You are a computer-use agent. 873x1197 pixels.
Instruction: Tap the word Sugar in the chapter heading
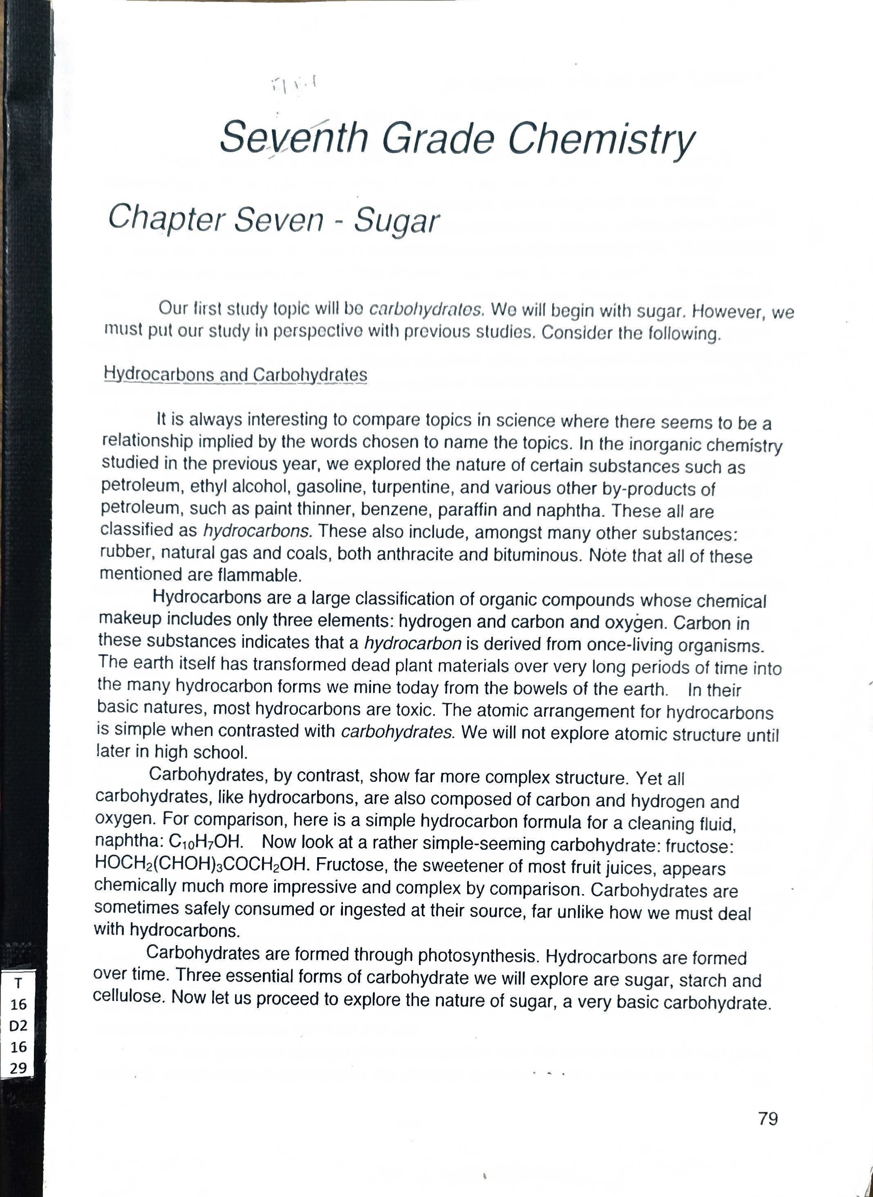pos(396,220)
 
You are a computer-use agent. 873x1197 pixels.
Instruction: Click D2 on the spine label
pos(18,1026)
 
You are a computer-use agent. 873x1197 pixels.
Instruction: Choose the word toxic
pos(417,710)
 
